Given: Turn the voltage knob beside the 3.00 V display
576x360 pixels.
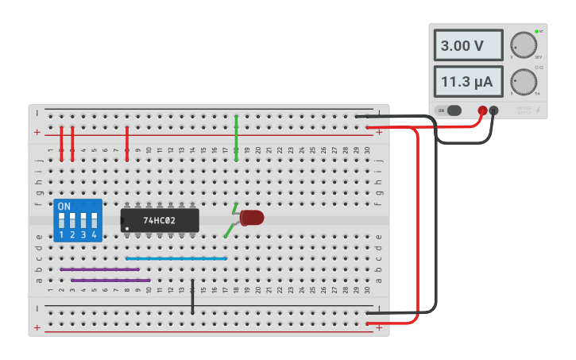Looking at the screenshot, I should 523,45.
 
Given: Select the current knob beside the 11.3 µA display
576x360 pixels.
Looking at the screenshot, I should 523,81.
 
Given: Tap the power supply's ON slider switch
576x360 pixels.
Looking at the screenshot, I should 453,110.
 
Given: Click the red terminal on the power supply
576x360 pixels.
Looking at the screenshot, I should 481,110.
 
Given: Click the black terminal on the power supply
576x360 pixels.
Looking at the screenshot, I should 493,110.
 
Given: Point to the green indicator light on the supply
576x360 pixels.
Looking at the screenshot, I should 537,31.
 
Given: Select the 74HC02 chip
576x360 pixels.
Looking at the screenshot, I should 160,220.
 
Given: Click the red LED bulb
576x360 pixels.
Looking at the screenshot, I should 252,217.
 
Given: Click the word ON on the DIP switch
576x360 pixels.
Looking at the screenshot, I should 64,206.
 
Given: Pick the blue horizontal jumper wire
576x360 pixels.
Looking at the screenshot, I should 176,258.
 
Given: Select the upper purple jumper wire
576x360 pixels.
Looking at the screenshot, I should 99,269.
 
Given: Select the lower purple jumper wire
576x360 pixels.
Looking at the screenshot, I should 110,280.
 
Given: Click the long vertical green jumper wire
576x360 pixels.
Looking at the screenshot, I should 236,138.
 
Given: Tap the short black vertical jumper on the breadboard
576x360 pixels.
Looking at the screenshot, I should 192,293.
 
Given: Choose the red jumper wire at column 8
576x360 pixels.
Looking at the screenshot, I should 127,142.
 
